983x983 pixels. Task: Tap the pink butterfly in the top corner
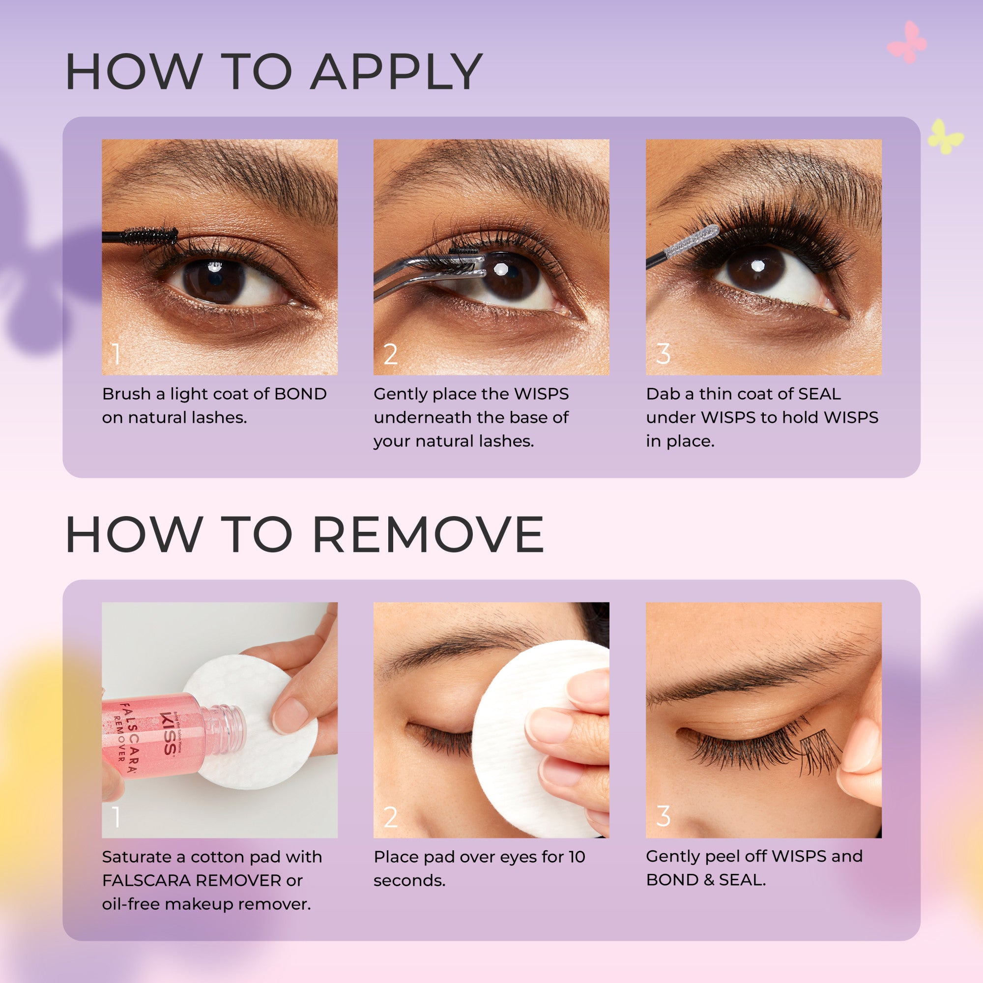pos(907,43)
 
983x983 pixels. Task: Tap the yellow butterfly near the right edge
pos(945,137)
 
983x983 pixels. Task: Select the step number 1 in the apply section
pos(116,354)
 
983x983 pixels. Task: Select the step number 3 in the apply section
pos(663,354)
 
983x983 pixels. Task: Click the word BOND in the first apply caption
pos(300,394)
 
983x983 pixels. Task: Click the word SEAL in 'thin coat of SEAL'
pos(819,394)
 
